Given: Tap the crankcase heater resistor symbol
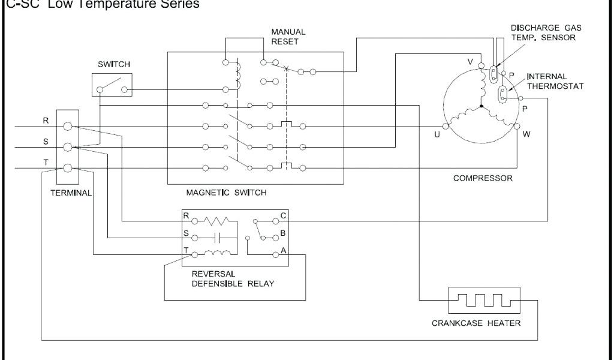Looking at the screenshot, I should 484,300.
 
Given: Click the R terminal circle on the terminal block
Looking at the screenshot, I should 68,127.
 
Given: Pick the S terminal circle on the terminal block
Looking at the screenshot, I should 68,147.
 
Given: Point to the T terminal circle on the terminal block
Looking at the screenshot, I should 68,169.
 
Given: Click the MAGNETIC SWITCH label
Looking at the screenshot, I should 227,193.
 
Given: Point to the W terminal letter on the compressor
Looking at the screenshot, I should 526,134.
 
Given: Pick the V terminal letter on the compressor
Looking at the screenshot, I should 471,62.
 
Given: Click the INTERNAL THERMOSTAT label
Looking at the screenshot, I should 555,81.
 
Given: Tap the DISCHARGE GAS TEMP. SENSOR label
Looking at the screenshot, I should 546,31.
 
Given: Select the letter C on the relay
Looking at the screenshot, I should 283,215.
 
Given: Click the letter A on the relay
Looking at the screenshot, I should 283,250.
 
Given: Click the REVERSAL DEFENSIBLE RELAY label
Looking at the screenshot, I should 233,279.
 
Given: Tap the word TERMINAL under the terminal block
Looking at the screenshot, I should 70,193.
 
